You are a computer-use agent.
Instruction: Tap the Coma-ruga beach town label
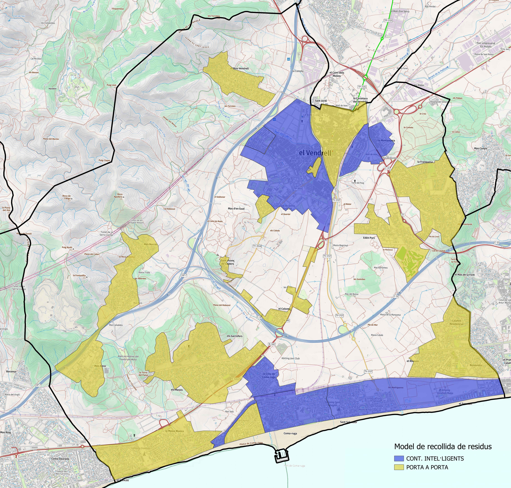(x=290, y=433)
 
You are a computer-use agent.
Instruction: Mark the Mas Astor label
(x=100, y=366)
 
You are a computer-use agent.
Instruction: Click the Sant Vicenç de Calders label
(x=227, y=262)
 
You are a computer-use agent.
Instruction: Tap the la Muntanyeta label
(x=386, y=140)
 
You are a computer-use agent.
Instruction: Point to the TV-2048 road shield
(x=257, y=246)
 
